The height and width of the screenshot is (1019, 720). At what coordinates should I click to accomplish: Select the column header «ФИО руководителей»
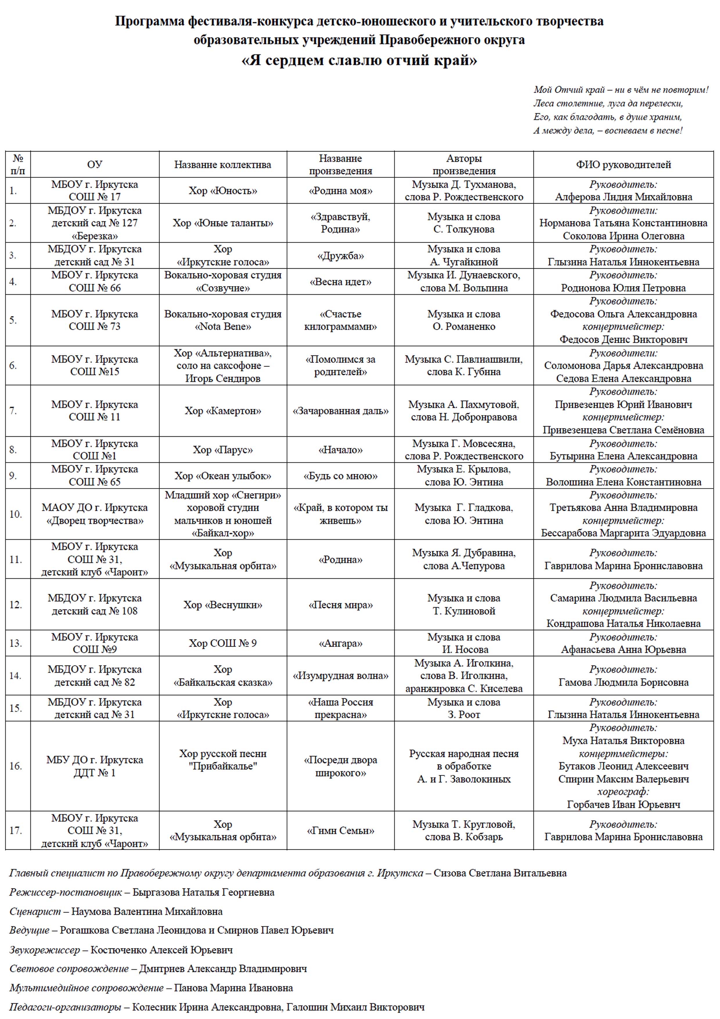point(623,165)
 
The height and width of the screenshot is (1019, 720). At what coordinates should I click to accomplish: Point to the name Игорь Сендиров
point(223,378)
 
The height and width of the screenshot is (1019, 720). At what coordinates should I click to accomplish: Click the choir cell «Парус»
point(223,450)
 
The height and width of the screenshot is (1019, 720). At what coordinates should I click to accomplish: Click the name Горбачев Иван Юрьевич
point(623,805)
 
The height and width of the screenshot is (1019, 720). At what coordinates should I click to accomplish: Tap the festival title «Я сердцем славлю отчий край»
point(359,60)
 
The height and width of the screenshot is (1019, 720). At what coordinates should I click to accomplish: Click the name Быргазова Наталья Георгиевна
point(203,892)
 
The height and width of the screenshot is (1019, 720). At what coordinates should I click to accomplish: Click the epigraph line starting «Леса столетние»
point(608,103)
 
